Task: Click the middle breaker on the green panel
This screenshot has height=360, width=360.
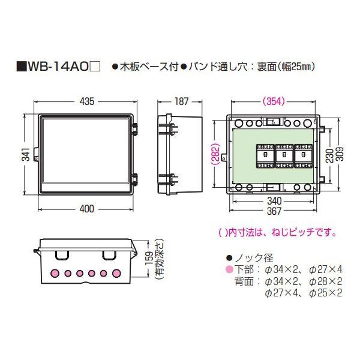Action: (284, 154)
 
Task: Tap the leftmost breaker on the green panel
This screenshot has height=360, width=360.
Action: (265, 154)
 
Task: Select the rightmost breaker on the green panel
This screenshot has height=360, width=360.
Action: (302, 154)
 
